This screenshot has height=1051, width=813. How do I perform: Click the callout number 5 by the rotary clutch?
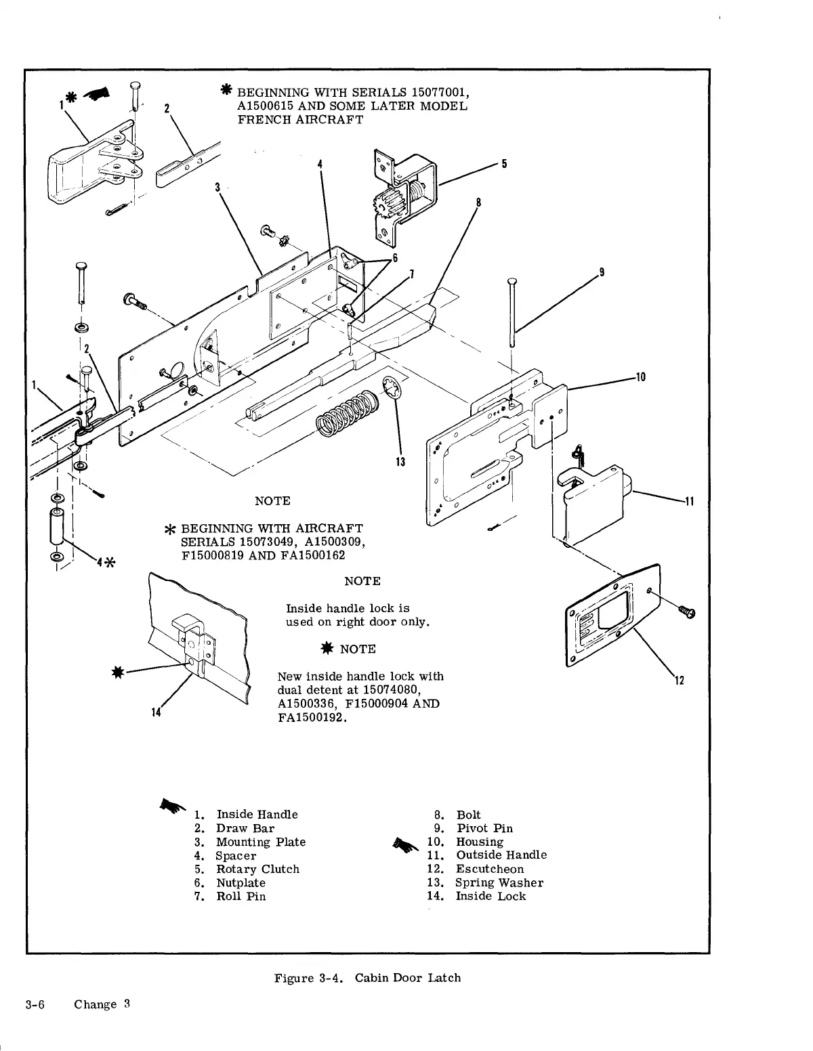(x=504, y=163)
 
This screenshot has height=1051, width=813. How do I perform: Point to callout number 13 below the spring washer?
(x=400, y=462)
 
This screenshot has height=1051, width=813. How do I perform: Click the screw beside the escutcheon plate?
(x=688, y=612)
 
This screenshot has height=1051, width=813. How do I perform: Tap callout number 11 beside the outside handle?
(x=689, y=502)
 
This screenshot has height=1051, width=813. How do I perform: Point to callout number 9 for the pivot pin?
(x=602, y=272)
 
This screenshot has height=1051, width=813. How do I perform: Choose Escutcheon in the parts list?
(x=490, y=869)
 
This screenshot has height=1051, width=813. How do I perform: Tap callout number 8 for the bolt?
(x=478, y=202)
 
